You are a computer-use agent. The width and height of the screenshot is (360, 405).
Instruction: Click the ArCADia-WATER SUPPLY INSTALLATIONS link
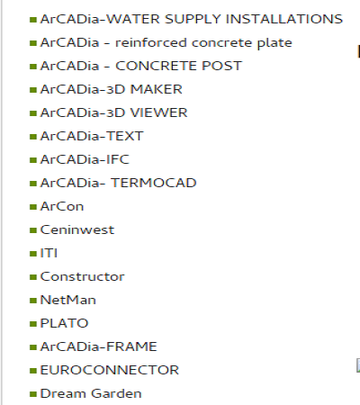(x=192, y=19)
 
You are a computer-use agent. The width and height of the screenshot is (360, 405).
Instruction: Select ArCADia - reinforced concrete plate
(x=166, y=43)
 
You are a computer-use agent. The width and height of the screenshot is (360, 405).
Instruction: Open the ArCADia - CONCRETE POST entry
(x=141, y=66)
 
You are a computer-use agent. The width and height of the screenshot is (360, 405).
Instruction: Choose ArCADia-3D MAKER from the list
(x=112, y=89)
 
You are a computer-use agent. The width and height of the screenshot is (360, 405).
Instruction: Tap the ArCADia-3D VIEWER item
(x=113, y=112)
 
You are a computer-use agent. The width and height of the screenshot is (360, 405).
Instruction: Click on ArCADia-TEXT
(x=92, y=136)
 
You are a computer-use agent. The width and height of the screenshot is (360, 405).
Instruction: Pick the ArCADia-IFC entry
(x=85, y=159)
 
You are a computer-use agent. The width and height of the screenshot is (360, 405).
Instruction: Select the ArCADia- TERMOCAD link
(x=118, y=183)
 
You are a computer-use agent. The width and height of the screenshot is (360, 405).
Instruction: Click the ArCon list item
(x=62, y=206)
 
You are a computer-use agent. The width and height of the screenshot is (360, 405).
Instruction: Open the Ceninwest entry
(x=77, y=229)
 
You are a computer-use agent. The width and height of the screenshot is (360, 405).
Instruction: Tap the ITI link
(x=49, y=253)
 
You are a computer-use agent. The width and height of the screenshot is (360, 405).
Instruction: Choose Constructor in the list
(x=82, y=276)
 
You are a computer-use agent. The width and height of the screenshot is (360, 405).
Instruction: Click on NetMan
(x=68, y=300)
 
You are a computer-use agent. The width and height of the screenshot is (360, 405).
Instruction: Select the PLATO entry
(x=64, y=323)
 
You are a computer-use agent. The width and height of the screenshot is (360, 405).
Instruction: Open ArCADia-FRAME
(x=99, y=346)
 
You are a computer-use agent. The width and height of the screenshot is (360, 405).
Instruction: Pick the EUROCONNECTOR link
(x=110, y=370)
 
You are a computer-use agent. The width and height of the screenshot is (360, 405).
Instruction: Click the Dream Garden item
(x=91, y=393)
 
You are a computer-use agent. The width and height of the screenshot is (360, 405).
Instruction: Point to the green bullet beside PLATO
(x=33, y=324)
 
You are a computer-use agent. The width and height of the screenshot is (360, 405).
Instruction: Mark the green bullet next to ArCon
(x=33, y=207)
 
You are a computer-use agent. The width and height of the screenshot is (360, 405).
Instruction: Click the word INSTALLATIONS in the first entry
(x=284, y=19)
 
